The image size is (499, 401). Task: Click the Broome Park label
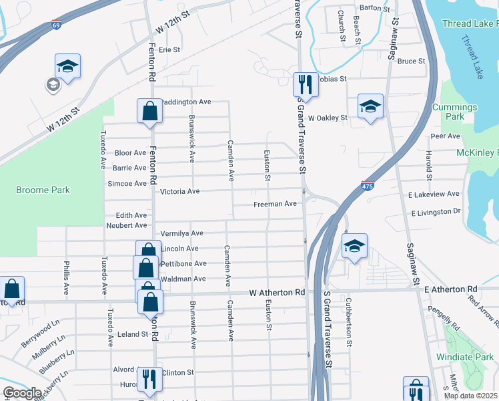pyautogui.click(x=43, y=190)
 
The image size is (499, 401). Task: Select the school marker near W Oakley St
pyautogui.click(x=370, y=106)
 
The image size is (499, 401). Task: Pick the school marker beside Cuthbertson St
pyautogui.click(x=355, y=246)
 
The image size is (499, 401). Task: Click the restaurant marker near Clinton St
pyautogui.click(x=149, y=379)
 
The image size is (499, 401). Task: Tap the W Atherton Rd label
pyautogui.click(x=277, y=293)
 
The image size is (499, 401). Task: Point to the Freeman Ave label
pyautogui.click(x=274, y=204)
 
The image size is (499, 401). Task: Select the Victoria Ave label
pyautogui.click(x=179, y=191)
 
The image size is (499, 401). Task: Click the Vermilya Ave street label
pyautogui.click(x=181, y=233)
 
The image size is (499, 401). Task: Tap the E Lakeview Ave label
pyautogui.click(x=434, y=194)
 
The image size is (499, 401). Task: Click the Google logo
pyautogui.click(x=22, y=392)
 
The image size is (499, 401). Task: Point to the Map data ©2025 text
pyautogui.click(x=470, y=396)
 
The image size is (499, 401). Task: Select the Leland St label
pyautogui.click(x=133, y=334)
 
